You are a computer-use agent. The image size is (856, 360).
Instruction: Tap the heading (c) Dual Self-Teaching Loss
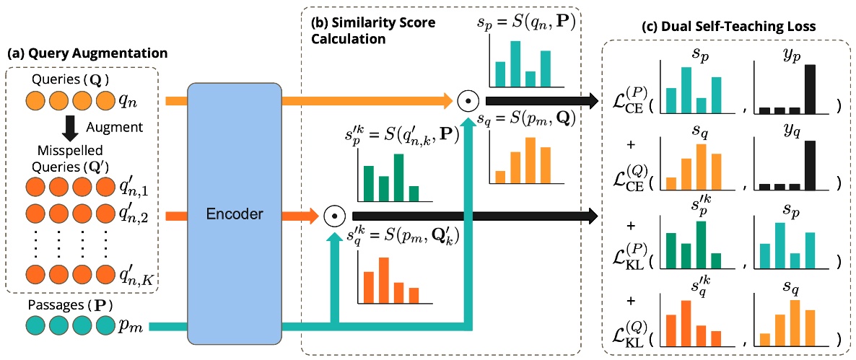pyautogui.click(x=728, y=26)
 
